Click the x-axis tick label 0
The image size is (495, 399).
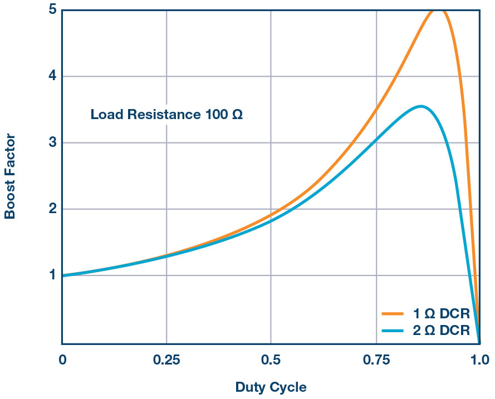62,360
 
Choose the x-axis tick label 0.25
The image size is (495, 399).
166,360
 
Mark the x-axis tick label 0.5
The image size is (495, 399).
271,360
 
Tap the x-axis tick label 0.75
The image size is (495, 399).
376,360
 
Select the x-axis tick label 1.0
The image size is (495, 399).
479,360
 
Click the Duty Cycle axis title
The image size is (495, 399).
271,387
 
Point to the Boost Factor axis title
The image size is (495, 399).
10,176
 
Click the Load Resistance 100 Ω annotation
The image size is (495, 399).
166,116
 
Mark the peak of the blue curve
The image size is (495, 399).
421,106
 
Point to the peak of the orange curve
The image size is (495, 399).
440,9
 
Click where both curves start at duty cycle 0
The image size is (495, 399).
62,275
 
